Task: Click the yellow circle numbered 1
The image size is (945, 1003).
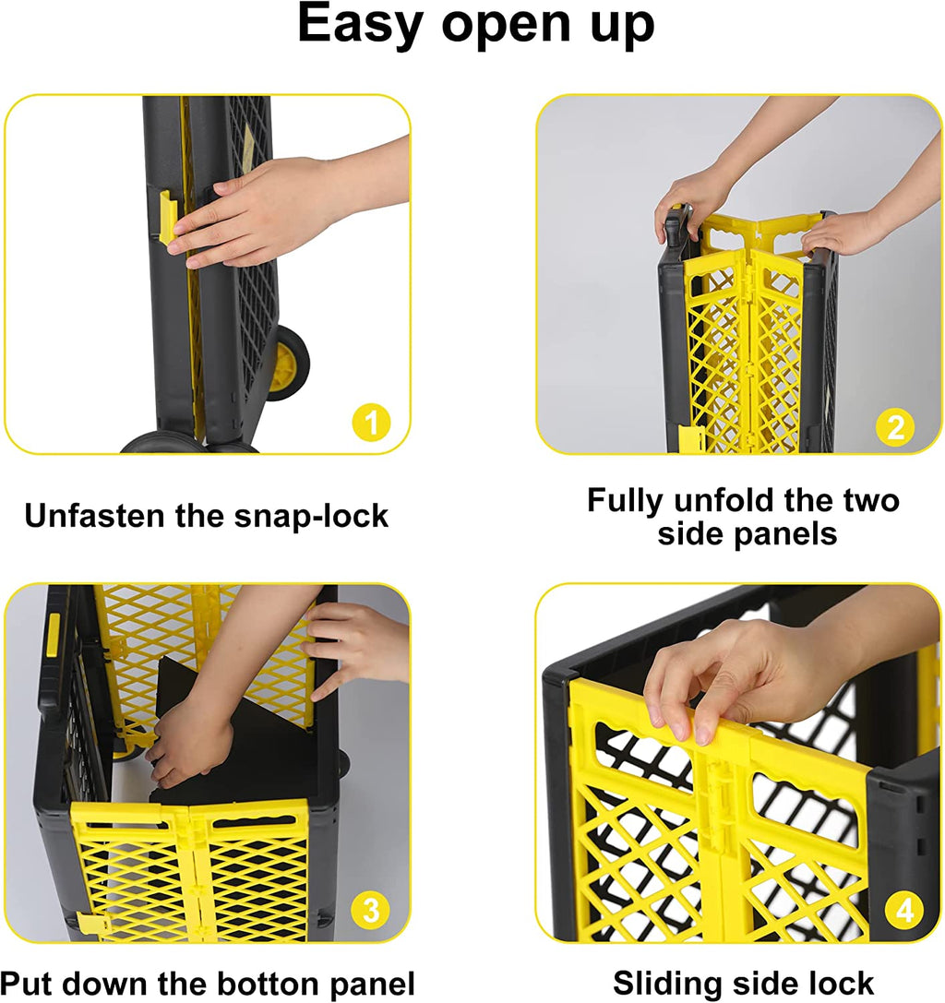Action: (371, 423)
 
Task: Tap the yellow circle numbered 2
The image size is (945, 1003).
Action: (895, 427)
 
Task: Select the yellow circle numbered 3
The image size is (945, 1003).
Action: (371, 910)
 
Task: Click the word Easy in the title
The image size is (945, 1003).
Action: (360, 24)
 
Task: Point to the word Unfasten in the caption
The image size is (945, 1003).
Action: (94, 516)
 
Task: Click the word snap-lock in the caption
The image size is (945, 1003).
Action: (311, 517)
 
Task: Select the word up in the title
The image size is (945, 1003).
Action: (623, 27)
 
